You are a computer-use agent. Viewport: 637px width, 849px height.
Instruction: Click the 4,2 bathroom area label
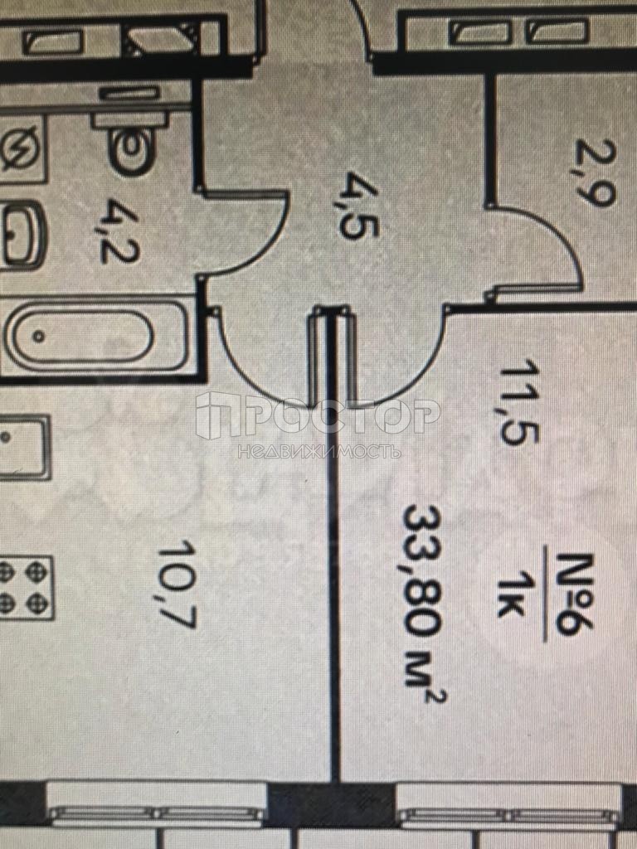(x=120, y=231)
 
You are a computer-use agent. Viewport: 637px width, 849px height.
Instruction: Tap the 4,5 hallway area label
(x=357, y=206)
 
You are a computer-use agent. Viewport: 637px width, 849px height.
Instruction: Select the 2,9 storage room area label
(x=595, y=172)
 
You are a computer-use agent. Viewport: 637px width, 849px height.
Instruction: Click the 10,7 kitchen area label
(x=177, y=583)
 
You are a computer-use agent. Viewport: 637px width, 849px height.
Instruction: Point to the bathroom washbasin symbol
(x=22, y=235)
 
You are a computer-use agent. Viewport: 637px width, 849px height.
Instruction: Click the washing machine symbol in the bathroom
(x=21, y=149)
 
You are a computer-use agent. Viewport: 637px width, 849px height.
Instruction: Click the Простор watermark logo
(x=318, y=416)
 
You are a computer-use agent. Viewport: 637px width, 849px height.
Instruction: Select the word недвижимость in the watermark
(x=318, y=450)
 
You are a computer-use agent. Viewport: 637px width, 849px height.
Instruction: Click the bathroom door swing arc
(x=244, y=233)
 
